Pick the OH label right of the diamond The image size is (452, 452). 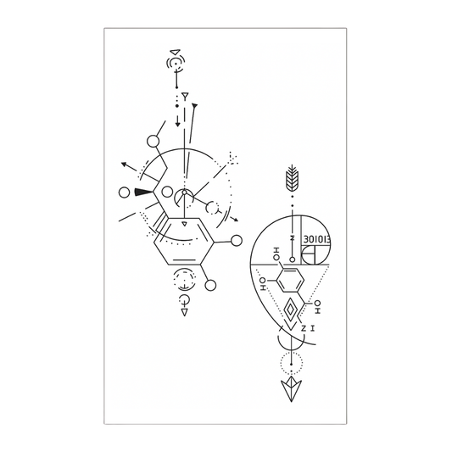tap(316, 303)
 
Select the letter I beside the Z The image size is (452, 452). tap(313, 327)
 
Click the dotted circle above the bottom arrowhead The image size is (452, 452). tap(293, 361)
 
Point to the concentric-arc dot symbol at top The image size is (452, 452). tap(176, 64)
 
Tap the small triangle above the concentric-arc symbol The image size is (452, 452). tap(174, 51)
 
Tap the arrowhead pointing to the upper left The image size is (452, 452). tap(124, 164)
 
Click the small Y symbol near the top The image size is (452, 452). tap(185, 98)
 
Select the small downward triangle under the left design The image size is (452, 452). tap(184, 311)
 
